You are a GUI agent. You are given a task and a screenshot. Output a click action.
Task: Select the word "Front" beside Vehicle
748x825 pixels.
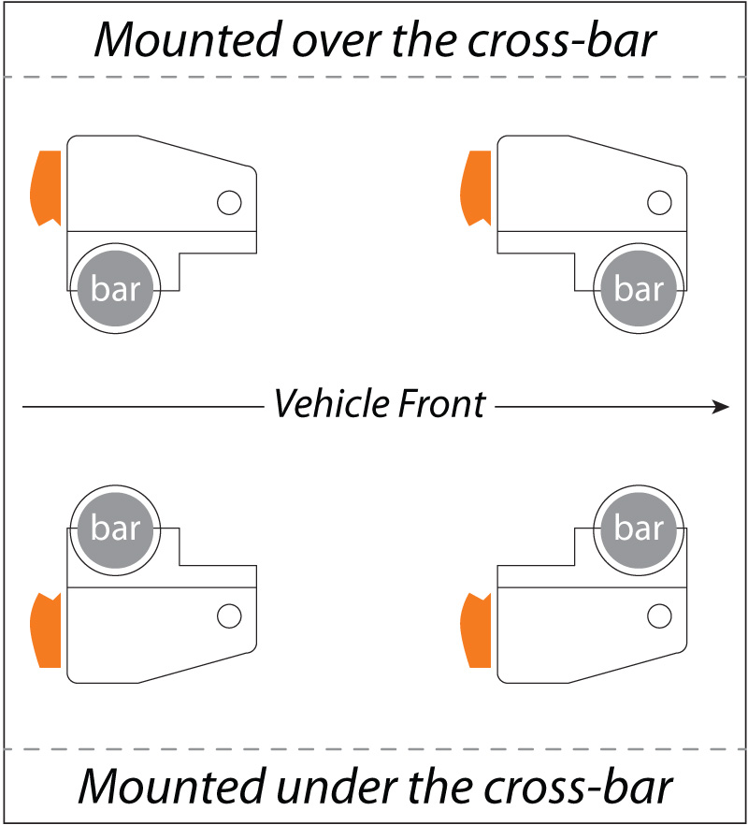click(439, 405)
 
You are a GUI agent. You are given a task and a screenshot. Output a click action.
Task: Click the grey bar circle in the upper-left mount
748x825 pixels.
click(116, 289)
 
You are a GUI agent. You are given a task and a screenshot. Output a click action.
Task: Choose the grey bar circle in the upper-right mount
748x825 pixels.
click(640, 289)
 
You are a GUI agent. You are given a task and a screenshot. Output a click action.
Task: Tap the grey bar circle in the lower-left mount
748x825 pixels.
click(116, 529)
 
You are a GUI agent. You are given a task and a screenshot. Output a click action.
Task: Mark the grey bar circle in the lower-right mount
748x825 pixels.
click(640, 529)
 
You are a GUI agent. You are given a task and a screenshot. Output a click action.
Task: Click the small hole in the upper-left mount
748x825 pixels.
click(228, 201)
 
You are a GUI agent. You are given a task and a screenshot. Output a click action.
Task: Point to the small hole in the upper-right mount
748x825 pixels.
click(659, 201)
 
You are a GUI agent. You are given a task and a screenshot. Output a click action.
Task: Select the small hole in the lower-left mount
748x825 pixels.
click(228, 615)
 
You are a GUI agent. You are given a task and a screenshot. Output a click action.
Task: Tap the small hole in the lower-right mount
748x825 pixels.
click(659, 615)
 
